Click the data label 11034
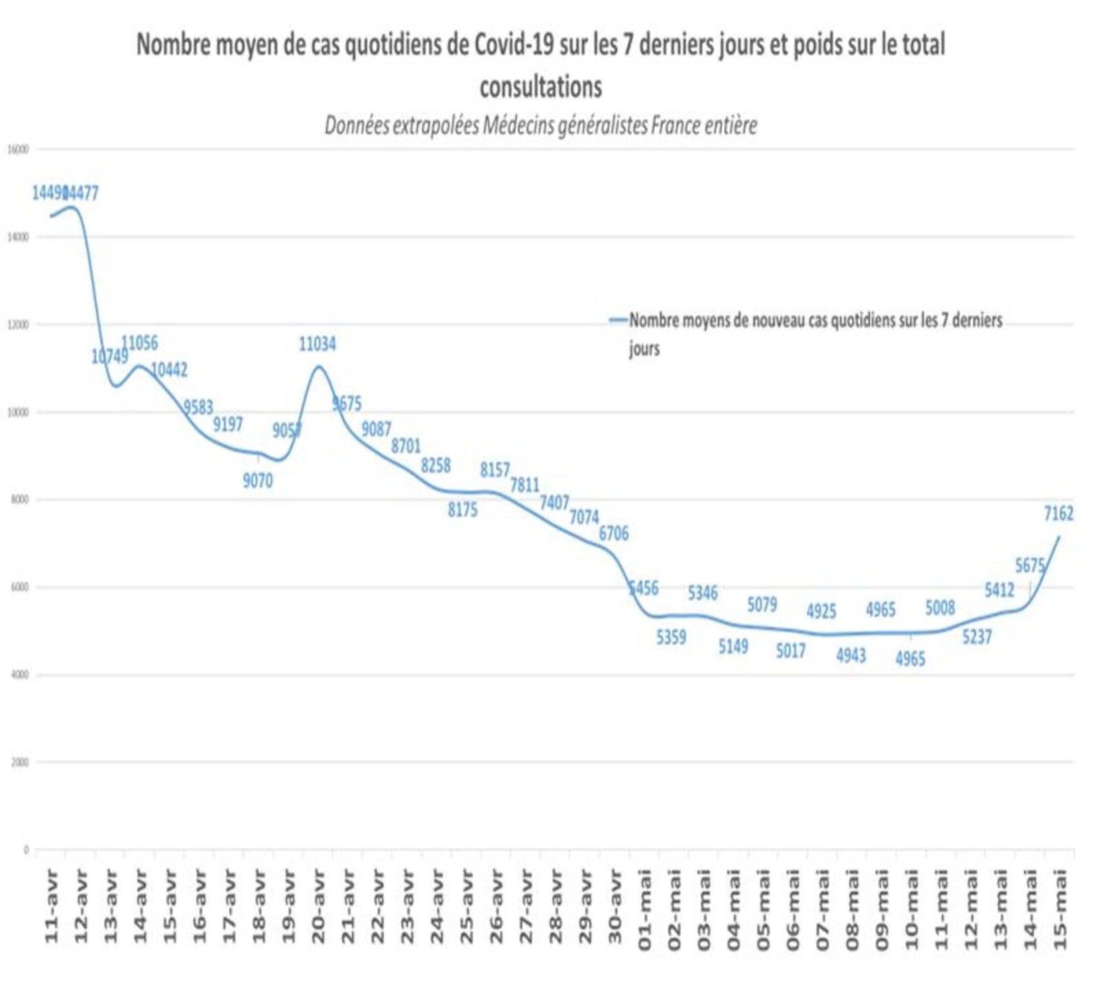pyautogui.click(x=317, y=344)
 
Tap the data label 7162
pyautogui.click(x=1058, y=514)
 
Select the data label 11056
pyautogui.click(x=139, y=343)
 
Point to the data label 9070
pyautogui.click(x=258, y=481)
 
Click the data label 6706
pyautogui.click(x=613, y=533)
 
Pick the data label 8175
pyautogui.click(x=463, y=510)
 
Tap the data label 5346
pyautogui.click(x=702, y=593)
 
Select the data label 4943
pyautogui.click(x=851, y=655)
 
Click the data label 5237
pyautogui.click(x=977, y=637)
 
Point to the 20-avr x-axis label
pyautogui.click(x=318, y=907)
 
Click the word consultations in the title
pyautogui.click(x=541, y=86)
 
